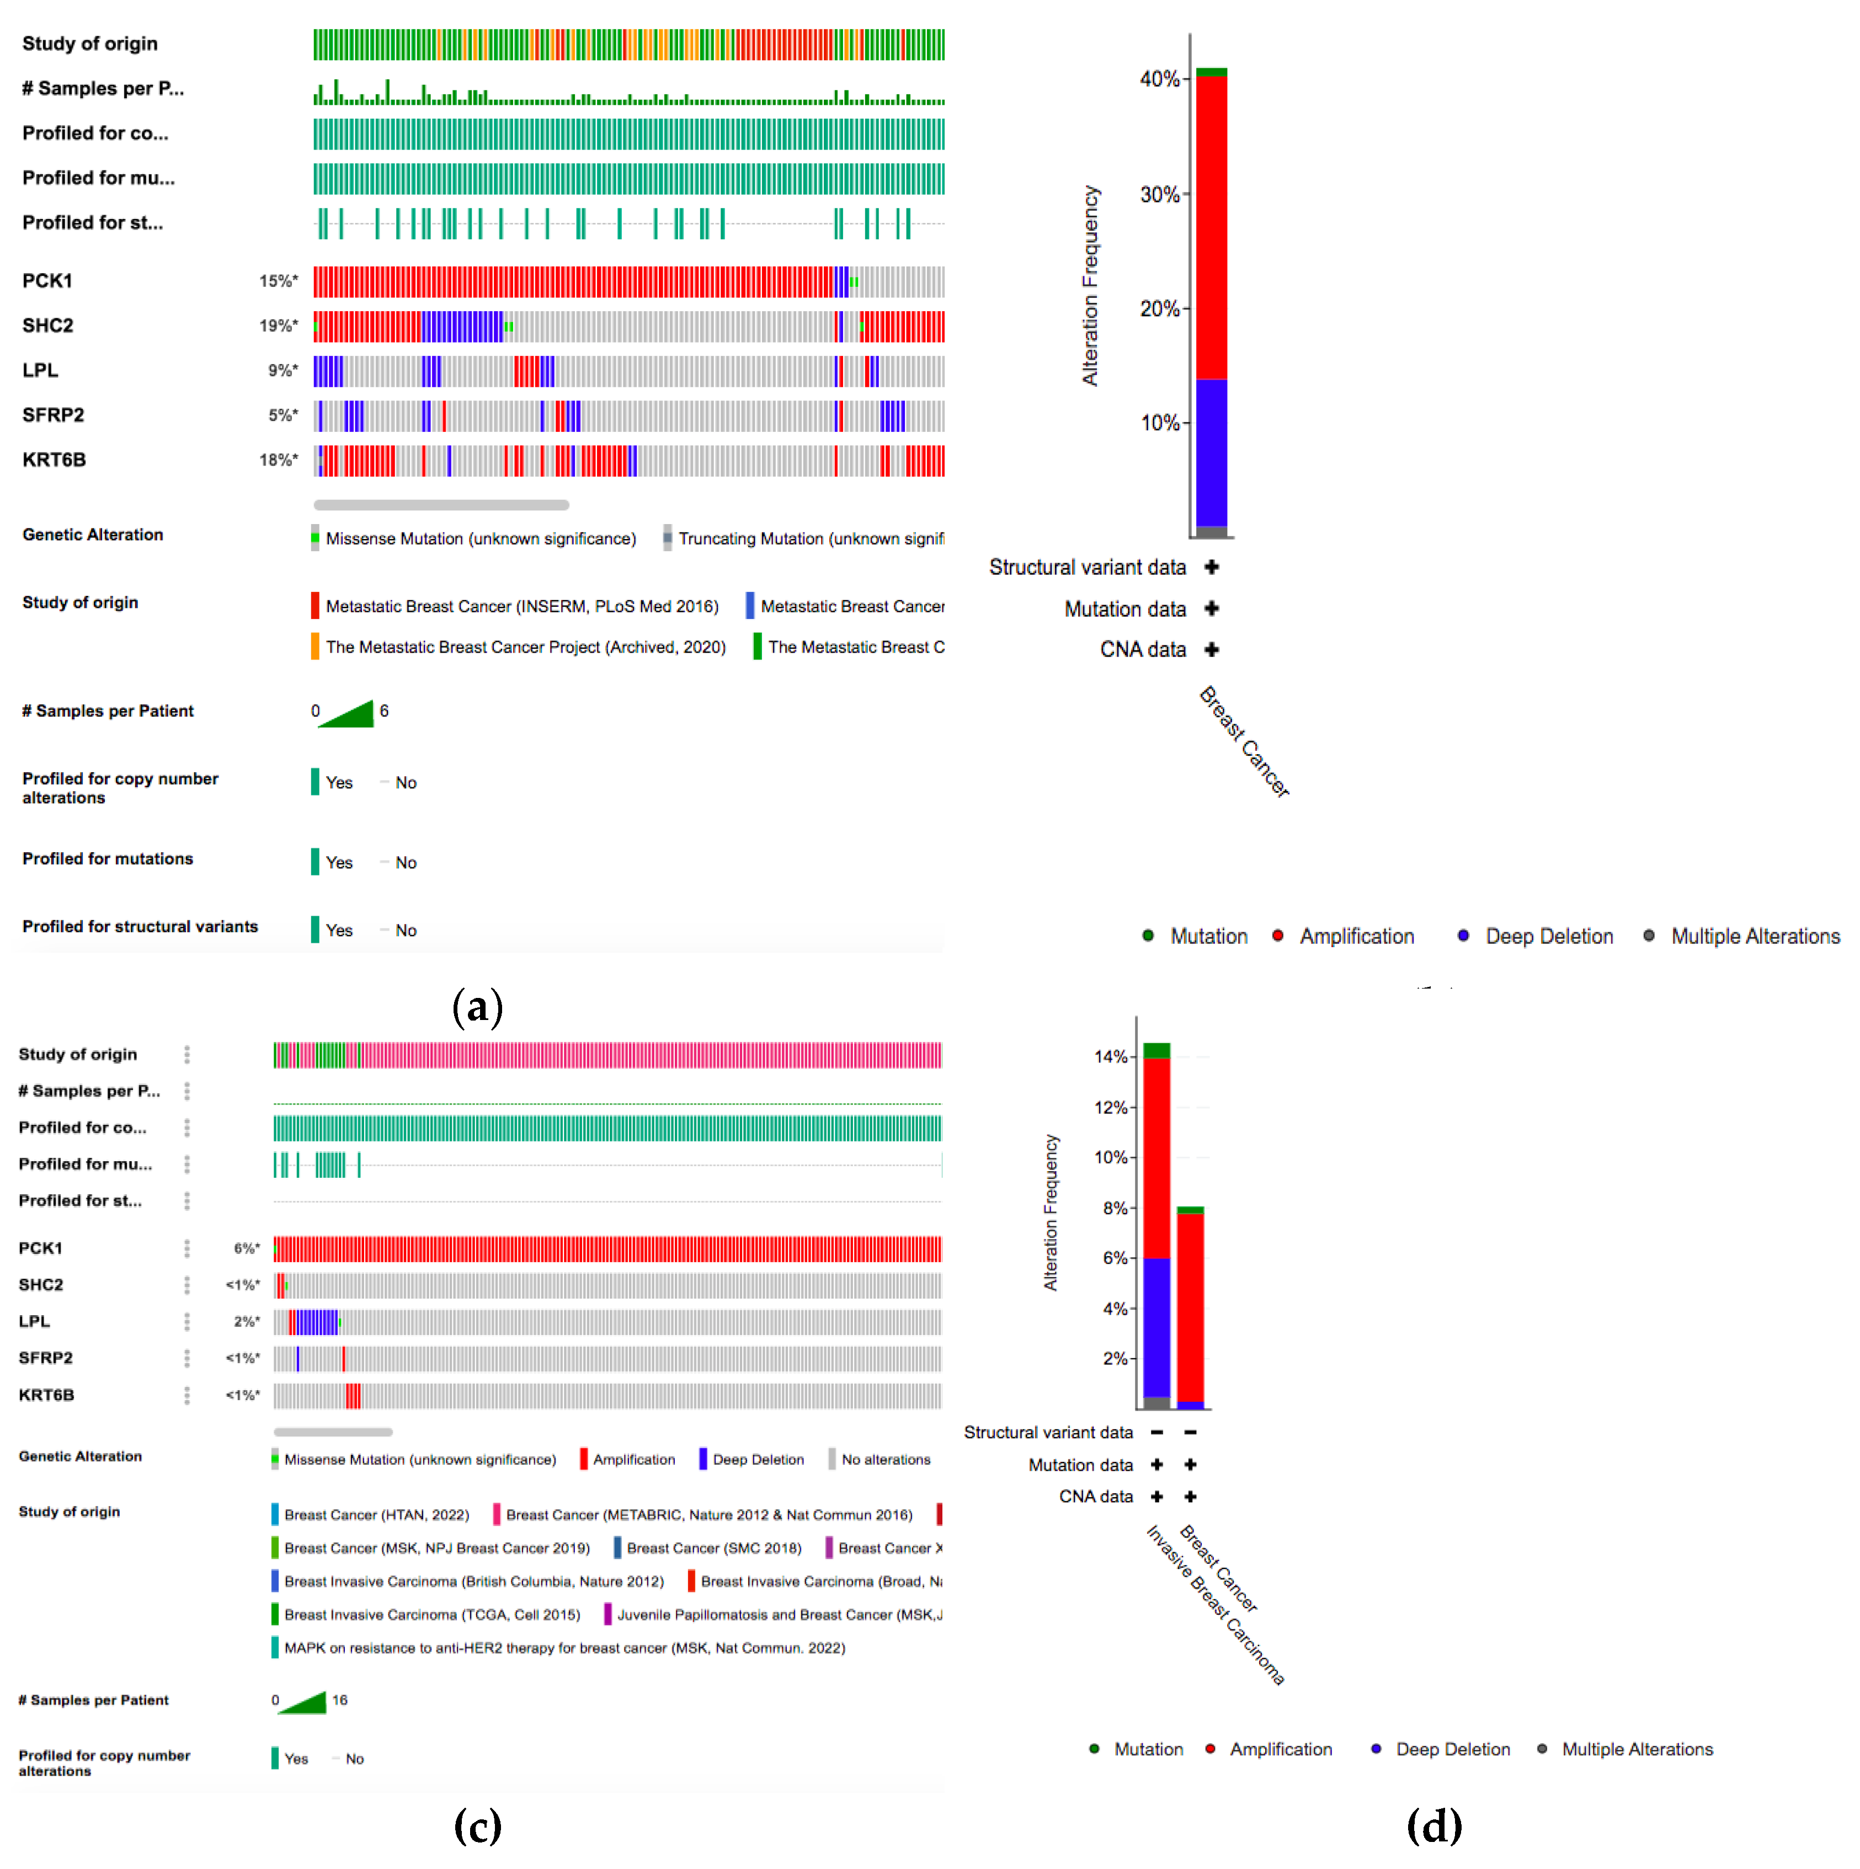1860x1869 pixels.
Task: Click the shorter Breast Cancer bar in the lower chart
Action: pos(1190,1306)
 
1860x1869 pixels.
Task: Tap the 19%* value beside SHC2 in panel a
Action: pos(278,326)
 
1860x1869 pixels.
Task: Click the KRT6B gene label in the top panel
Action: pos(54,460)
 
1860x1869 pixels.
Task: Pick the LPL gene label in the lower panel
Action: pos(34,1321)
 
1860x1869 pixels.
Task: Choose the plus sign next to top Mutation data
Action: pos(1211,608)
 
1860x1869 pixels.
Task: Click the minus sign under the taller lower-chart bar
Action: pos(1156,1432)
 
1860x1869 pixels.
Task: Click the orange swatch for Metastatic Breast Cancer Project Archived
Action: pos(315,646)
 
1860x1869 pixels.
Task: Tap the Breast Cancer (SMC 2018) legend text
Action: pos(713,1548)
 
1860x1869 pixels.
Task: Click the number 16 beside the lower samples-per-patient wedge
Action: pos(340,1700)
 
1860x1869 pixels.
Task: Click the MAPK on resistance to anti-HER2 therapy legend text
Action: pos(564,1647)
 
